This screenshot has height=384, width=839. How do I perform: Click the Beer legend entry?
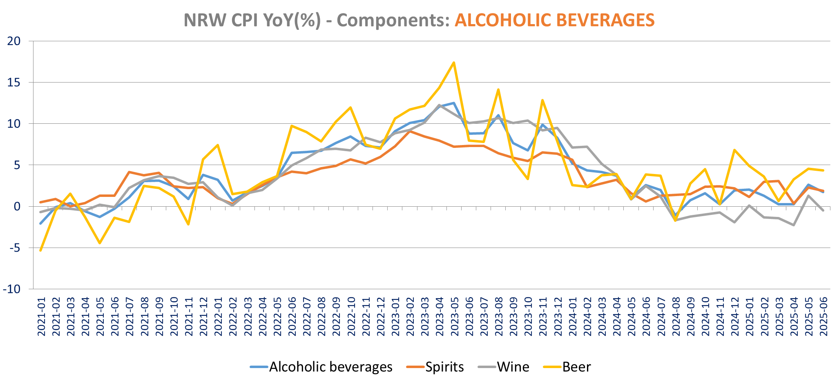[576, 367]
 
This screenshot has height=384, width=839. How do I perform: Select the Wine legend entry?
[513, 367]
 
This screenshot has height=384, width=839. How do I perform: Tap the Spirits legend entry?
[444, 367]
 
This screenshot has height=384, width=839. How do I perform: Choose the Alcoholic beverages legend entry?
[330, 367]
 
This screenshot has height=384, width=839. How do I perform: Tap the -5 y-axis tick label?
[14, 248]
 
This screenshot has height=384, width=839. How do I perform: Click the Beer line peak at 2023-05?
[454, 63]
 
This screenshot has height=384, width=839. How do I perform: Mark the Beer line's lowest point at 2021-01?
[40, 250]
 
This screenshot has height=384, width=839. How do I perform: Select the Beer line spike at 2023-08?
[498, 89]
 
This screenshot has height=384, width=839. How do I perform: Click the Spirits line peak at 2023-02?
[410, 131]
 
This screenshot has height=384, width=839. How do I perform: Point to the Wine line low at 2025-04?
[794, 225]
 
